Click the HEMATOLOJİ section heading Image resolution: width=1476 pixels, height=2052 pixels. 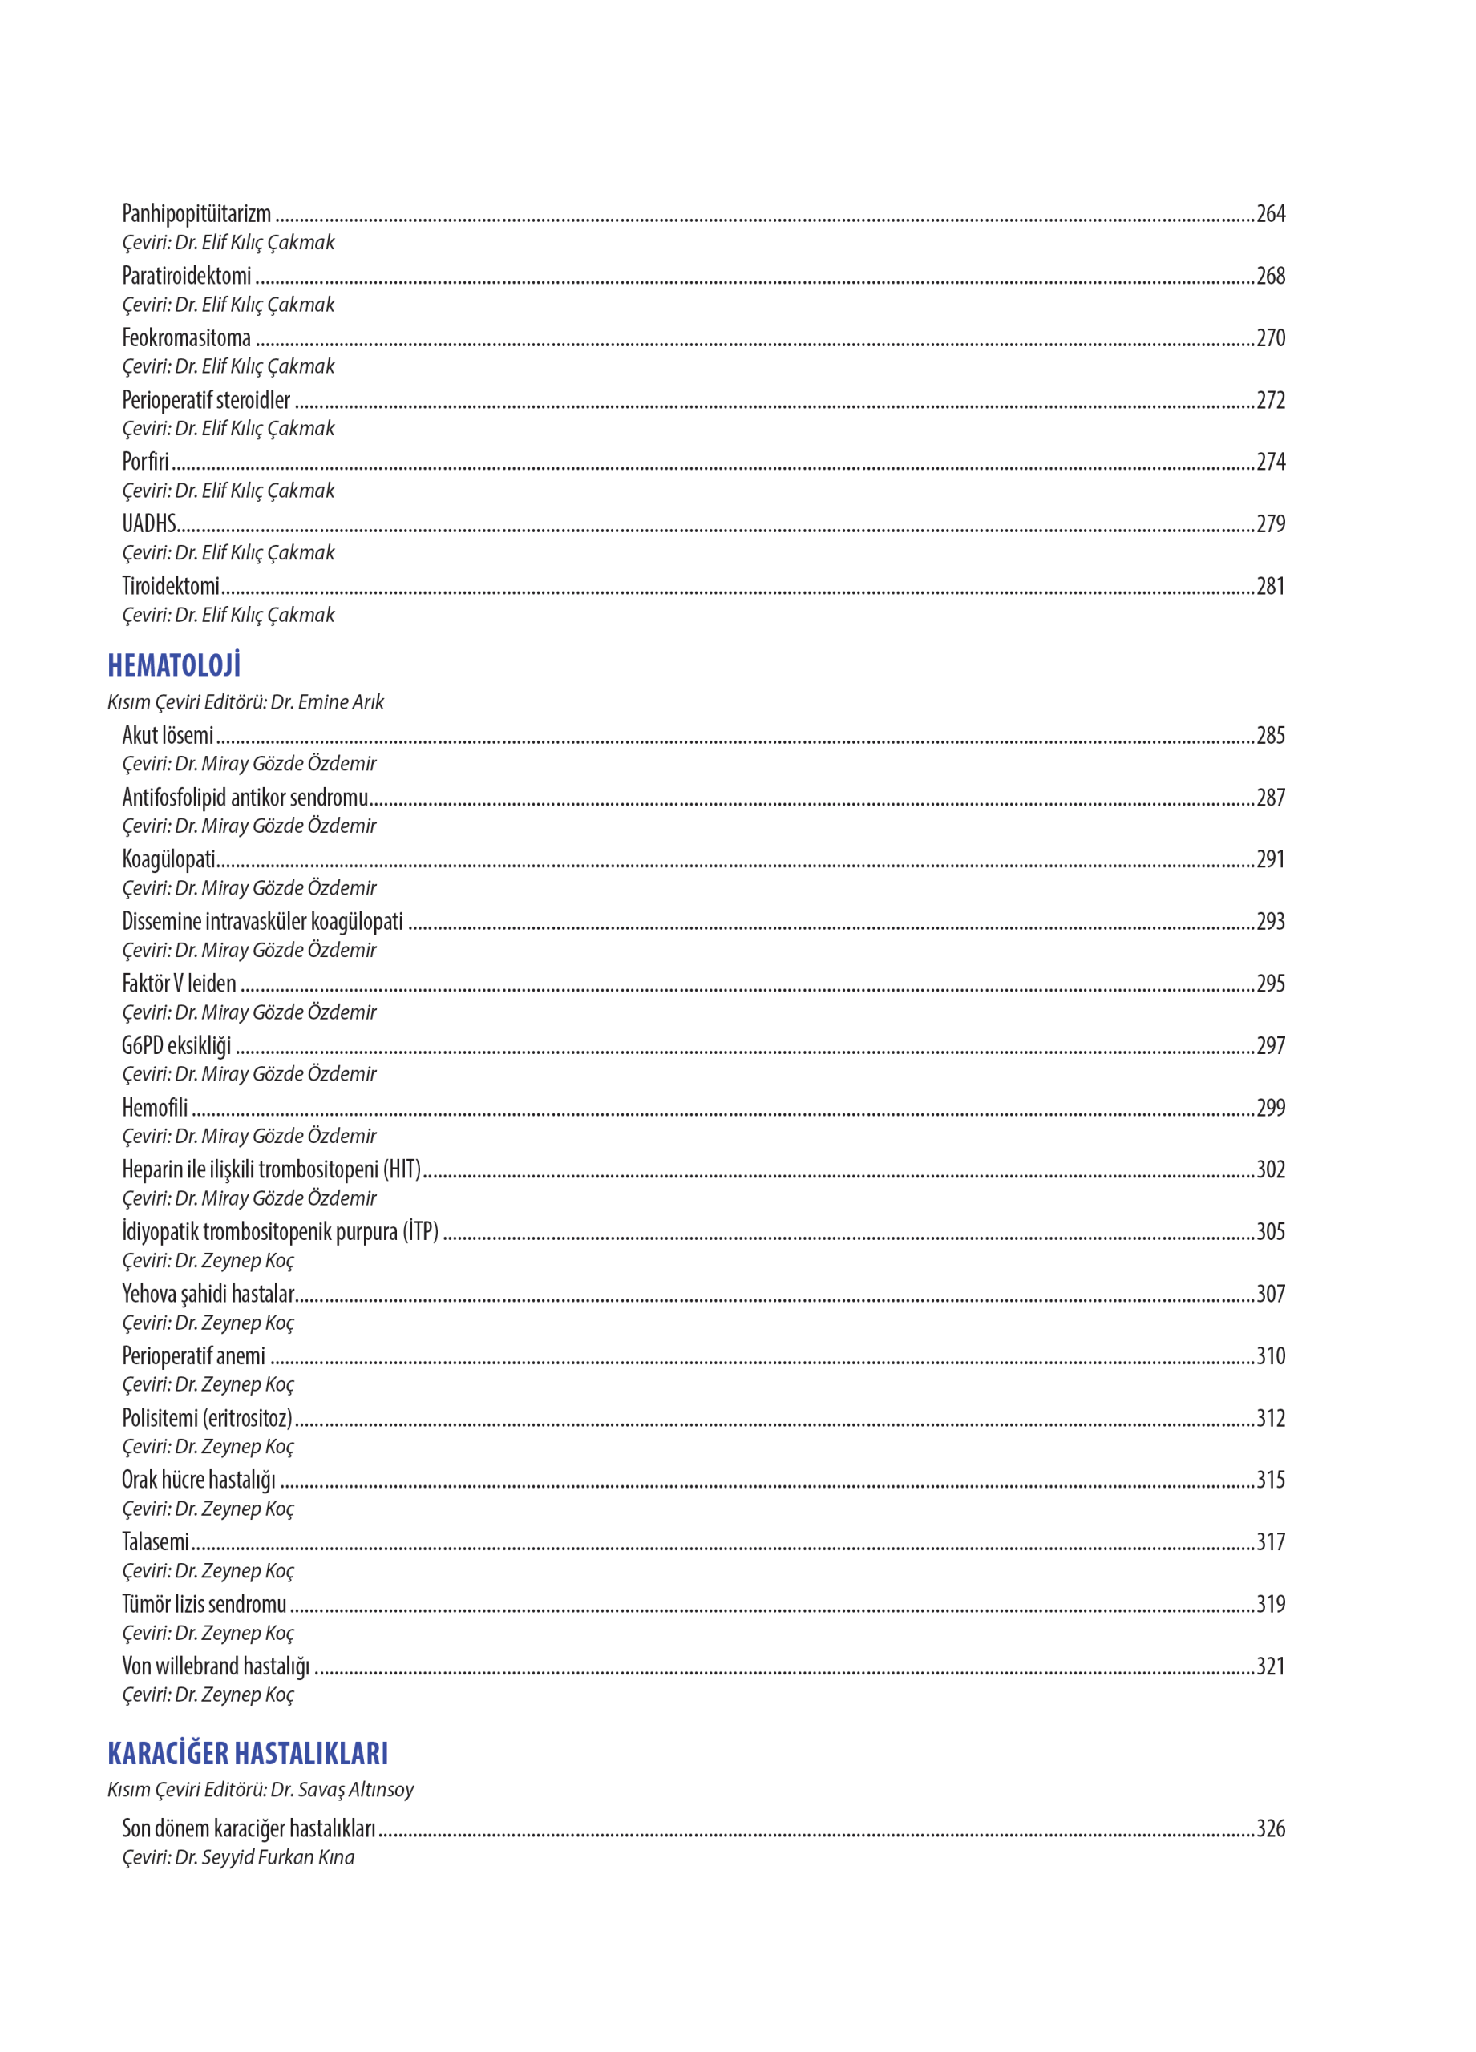click(174, 665)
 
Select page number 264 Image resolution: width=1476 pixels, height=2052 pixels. click(1270, 213)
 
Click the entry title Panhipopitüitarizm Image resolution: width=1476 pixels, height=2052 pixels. click(196, 213)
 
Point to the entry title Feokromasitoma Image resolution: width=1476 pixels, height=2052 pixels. click(187, 337)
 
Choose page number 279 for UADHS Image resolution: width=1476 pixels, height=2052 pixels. click(1270, 524)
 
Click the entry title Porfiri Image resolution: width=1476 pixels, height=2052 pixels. click(145, 462)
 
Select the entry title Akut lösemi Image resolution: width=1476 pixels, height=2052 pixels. click(168, 735)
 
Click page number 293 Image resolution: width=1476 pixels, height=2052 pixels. click(1270, 921)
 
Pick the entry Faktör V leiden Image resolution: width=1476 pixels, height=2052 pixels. click(179, 984)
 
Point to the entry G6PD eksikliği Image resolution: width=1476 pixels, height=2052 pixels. click(176, 1045)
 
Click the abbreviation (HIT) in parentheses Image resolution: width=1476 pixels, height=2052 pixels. click(402, 1169)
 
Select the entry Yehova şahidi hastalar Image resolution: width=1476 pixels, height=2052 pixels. click(208, 1294)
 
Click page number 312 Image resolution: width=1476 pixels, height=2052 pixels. click(1270, 1418)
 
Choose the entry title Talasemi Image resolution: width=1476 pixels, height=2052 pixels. click(155, 1541)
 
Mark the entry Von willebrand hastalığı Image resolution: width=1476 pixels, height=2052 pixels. click(216, 1666)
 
